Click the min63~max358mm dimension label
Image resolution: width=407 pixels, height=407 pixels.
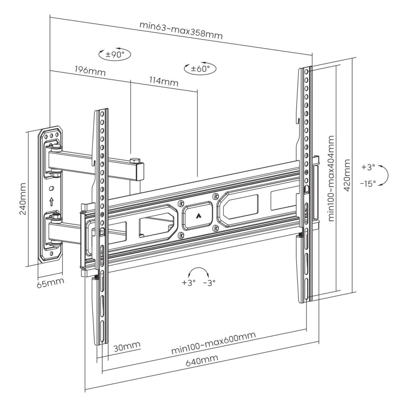(x=181, y=30)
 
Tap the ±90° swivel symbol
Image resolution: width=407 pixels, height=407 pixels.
(x=115, y=54)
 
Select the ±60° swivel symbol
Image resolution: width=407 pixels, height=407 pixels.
(x=200, y=69)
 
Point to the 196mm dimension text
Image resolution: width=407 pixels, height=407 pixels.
(x=90, y=70)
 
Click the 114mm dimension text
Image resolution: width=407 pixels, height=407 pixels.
(x=164, y=81)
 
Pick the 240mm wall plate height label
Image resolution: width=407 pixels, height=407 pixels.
(x=23, y=199)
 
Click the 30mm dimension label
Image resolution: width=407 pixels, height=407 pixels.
(x=127, y=346)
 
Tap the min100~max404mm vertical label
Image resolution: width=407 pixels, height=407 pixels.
(x=332, y=178)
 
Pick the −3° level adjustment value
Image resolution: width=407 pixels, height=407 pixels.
(x=209, y=282)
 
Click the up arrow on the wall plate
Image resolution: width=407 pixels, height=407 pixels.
(x=52, y=202)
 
